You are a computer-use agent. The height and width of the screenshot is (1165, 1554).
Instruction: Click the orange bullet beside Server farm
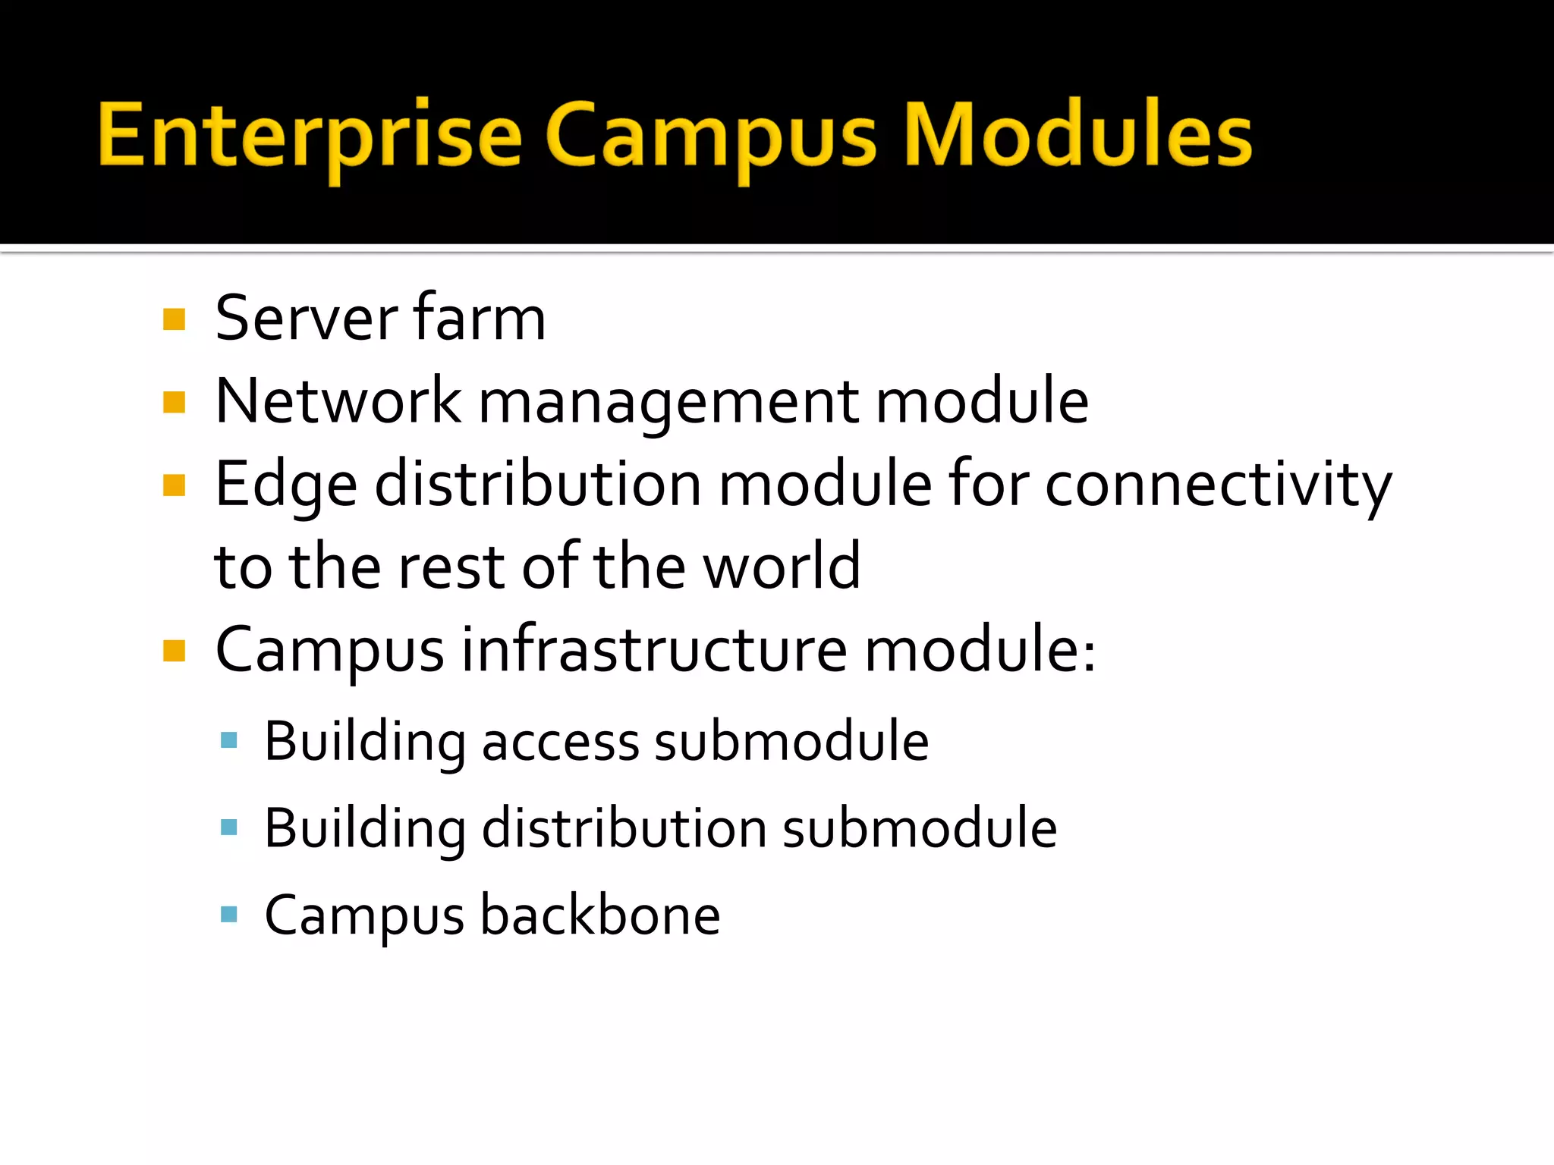(x=174, y=319)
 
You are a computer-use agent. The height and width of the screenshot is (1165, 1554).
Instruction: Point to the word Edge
(x=286, y=485)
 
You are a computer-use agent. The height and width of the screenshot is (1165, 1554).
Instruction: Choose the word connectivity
(x=1218, y=485)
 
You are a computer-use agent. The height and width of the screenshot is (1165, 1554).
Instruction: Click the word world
(x=782, y=567)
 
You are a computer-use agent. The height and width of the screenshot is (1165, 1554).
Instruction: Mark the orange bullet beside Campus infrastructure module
(x=174, y=650)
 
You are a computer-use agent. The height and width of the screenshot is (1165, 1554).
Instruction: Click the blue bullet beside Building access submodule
(x=228, y=740)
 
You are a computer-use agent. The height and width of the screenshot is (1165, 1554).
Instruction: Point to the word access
(x=560, y=742)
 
